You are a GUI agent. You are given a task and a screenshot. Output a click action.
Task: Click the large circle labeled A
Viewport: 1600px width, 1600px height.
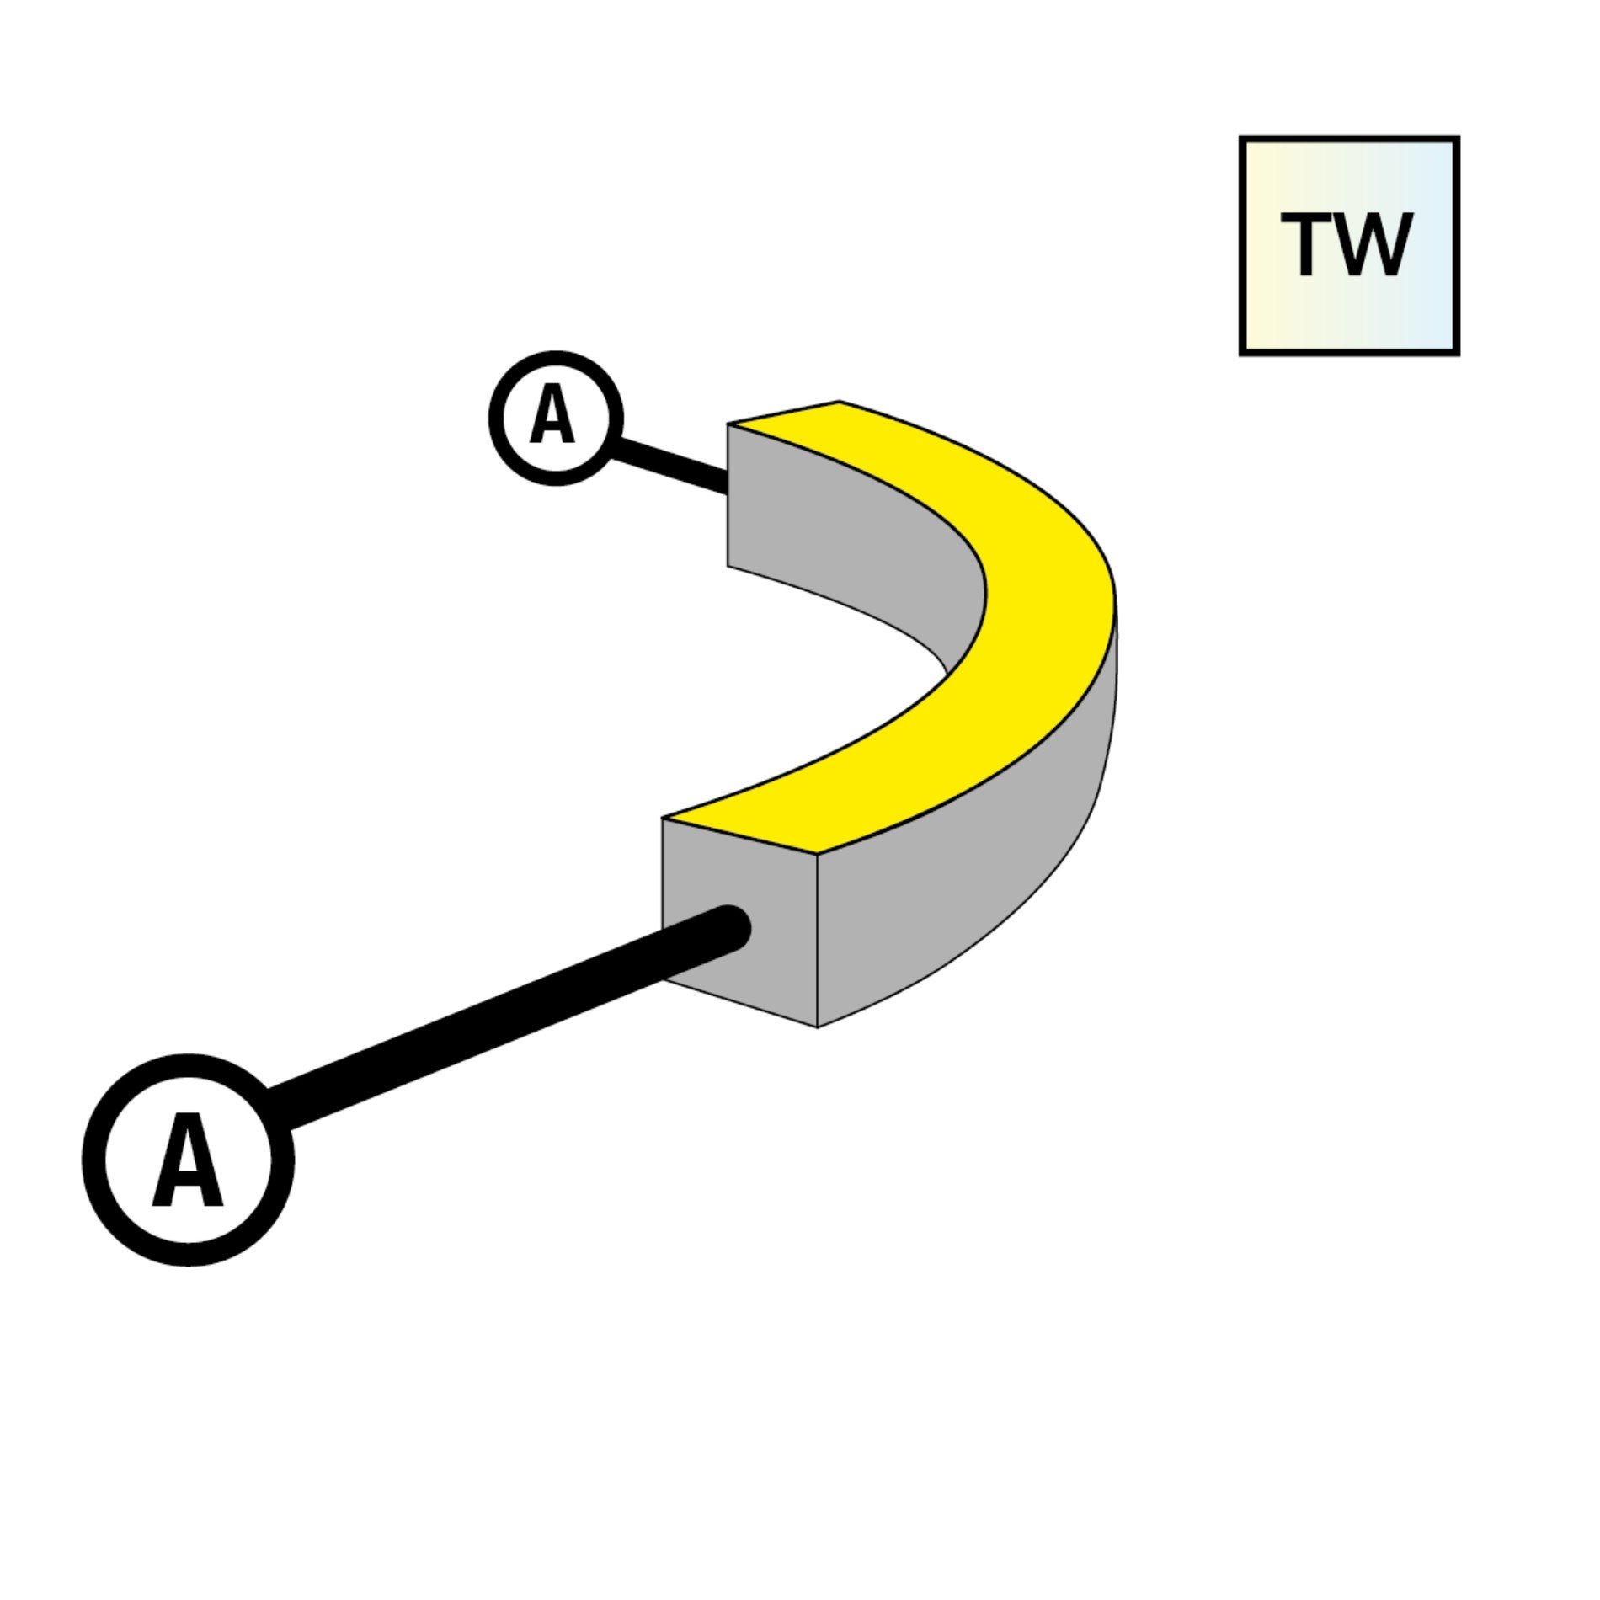[189, 1160]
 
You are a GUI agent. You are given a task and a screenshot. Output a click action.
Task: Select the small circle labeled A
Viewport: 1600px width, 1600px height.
[555, 418]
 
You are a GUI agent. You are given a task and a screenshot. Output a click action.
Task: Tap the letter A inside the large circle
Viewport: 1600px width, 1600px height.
[188, 1160]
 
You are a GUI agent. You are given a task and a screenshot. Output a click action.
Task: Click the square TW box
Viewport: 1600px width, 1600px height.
[1349, 246]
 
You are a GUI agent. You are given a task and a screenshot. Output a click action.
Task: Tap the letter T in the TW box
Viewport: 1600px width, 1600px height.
[1306, 244]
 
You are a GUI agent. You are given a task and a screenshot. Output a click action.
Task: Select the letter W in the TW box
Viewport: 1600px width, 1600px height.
[1370, 244]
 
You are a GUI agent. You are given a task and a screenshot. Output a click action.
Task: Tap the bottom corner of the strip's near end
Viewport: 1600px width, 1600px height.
[817, 1027]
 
